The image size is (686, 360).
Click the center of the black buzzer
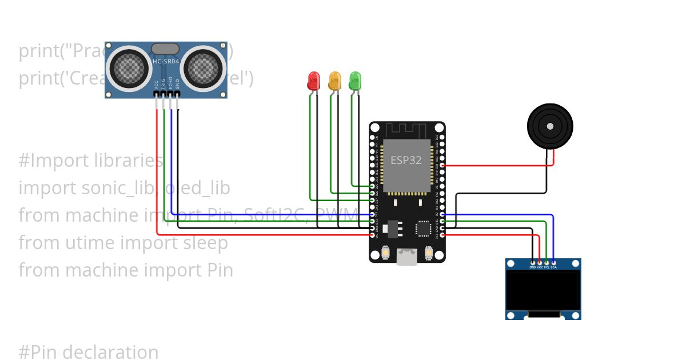coord(549,126)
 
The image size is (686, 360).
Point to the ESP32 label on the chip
coord(406,160)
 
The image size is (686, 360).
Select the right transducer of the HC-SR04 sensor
coord(203,67)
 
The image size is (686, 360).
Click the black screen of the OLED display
coord(543,290)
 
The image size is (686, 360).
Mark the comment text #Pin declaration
coord(89,352)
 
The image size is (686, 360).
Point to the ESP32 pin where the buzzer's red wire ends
coord(442,166)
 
